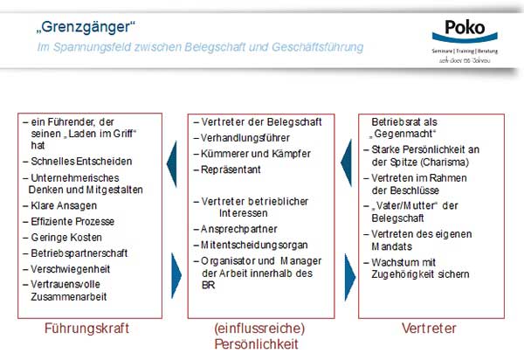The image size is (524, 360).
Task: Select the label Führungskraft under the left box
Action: click(87, 329)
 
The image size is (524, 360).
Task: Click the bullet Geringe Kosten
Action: click(66, 237)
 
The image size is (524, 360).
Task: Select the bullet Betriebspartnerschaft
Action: click(79, 252)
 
